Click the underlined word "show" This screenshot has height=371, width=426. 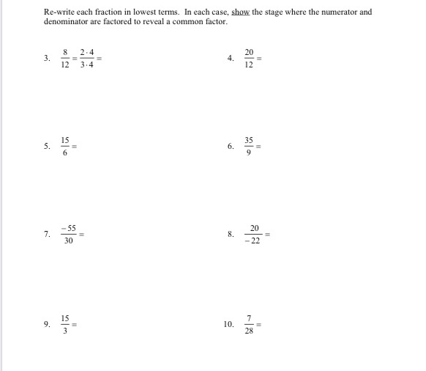(x=241, y=12)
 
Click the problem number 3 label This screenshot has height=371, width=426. (x=46, y=57)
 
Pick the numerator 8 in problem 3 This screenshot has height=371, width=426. (x=66, y=52)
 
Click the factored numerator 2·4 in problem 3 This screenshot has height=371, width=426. (x=87, y=52)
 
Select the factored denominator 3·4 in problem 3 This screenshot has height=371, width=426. (x=87, y=64)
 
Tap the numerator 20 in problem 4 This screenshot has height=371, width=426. (x=250, y=52)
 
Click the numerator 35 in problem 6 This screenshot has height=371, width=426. (x=250, y=139)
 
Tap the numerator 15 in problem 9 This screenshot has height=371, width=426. (x=66, y=317)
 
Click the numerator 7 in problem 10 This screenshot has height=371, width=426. (x=250, y=317)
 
